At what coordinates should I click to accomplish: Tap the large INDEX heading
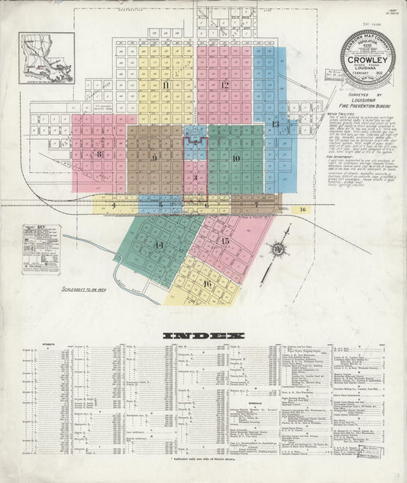click(203, 336)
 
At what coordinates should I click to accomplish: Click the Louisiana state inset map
click(47, 57)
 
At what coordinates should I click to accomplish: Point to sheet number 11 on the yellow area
click(165, 85)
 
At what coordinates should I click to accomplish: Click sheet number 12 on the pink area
click(224, 85)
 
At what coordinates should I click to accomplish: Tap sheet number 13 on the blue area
click(275, 124)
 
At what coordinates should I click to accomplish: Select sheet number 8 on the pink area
click(99, 154)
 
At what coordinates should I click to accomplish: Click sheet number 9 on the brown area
click(154, 158)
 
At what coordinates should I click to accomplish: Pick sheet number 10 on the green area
click(236, 158)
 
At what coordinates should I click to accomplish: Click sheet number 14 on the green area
click(159, 245)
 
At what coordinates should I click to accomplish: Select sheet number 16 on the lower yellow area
click(207, 284)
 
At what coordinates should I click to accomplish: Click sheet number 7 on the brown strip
click(257, 205)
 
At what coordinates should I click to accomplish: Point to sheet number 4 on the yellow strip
click(113, 205)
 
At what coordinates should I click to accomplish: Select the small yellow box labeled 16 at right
click(302, 209)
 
